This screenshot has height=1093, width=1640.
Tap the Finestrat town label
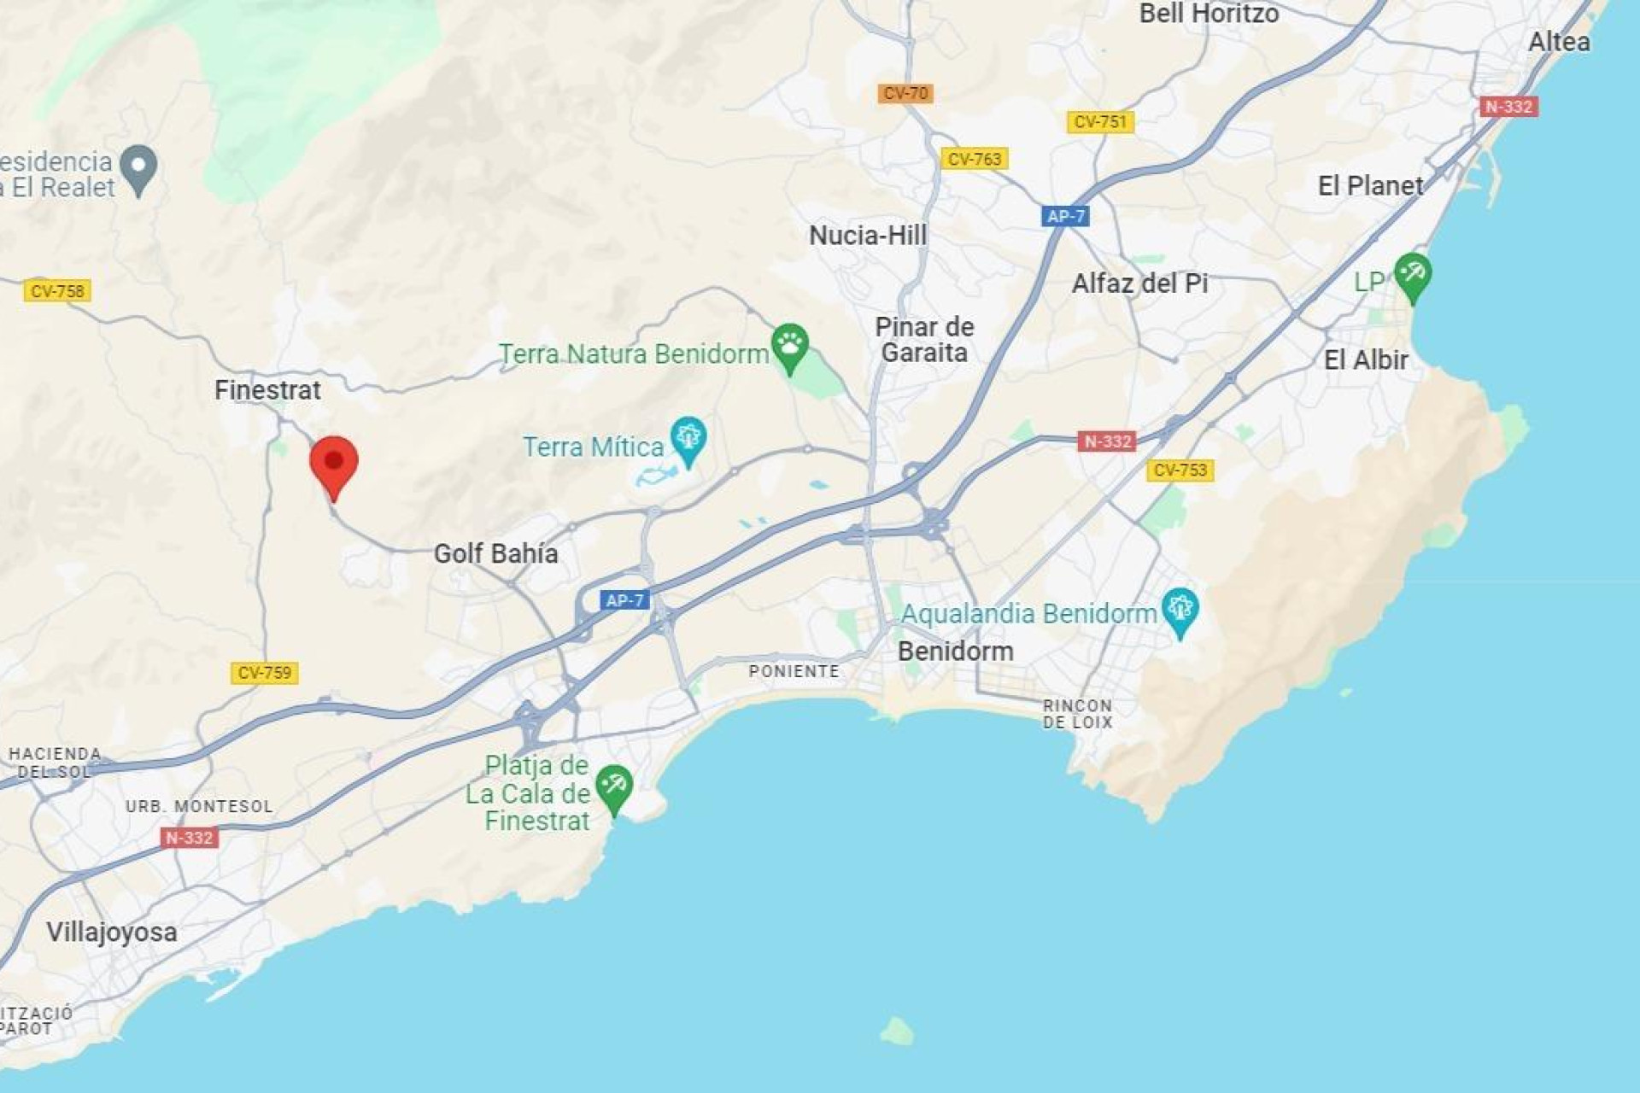click(x=267, y=390)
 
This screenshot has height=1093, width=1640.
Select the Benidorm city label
click(x=955, y=652)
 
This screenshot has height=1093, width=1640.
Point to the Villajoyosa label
click(x=112, y=932)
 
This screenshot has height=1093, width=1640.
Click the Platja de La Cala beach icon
click(x=613, y=786)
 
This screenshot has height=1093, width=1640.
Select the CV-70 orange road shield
click(x=905, y=93)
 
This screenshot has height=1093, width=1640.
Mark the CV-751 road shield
click(x=1100, y=122)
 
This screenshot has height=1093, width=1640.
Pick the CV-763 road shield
click(x=974, y=159)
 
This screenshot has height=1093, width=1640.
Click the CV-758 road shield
click(x=57, y=291)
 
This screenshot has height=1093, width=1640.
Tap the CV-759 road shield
click(x=264, y=673)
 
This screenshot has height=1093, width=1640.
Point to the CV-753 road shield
click(x=1180, y=470)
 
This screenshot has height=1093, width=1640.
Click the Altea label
click(x=1559, y=42)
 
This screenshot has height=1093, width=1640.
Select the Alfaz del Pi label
click(x=1139, y=283)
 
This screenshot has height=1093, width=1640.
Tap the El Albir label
click(x=1365, y=360)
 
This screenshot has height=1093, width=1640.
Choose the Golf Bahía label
click(x=495, y=553)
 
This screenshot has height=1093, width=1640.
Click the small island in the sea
click(x=896, y=1031)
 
